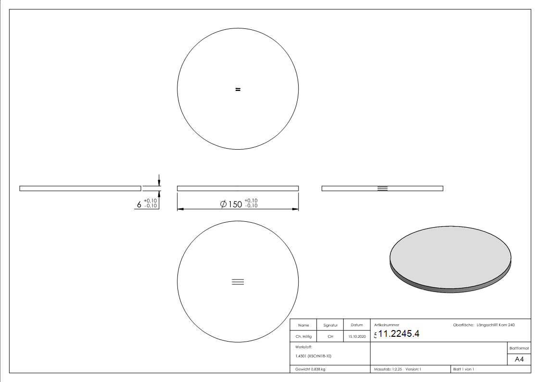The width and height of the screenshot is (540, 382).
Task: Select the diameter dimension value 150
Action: pyautogui.click(x=235, y=204)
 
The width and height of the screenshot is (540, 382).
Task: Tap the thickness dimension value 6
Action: pyautogui.click(x=139, y=204)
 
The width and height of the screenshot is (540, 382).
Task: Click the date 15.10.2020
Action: pyautogui.click(x=357, y=337)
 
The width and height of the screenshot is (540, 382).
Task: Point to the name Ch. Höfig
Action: pyautogui.click(x=303, y=337)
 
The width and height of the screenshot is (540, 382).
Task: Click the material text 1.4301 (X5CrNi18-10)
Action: pyautogui.click(x=313, y=356)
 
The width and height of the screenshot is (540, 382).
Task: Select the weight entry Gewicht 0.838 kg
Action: pyautogui.click(x=310, y=369)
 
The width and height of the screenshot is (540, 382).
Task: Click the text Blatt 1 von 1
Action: pyautogui.click(x=464, y=369)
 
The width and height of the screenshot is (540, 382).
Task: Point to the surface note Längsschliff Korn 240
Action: pyautogui.click(x=495, y=325)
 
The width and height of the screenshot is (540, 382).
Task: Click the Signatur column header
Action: pyautogui.click(x=330, y=325)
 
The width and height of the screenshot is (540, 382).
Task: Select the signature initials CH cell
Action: pyautogui.click(x=330, y=337)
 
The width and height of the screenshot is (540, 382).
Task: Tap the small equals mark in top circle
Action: pyautogui.click(x=238, y=89)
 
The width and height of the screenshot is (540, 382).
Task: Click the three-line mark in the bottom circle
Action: pyautogui.click(x=238, y=282)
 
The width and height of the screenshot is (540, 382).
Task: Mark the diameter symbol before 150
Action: pyautogui.click(x=223, y=204)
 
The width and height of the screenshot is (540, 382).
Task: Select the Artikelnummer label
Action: pyautogui.click(x=386, y=325)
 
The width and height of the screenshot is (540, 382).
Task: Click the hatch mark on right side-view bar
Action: pyautogui.click(x=382, y=188)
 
